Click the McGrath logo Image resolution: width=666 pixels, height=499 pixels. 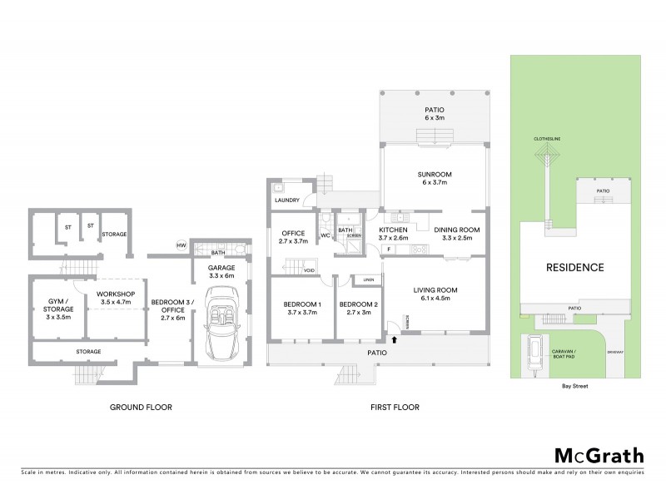pos(599,455)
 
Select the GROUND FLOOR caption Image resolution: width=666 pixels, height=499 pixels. pos(142,408)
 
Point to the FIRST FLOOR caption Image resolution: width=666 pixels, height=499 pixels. pos(395,408)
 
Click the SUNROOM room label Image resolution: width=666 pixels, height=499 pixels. pos(434,178)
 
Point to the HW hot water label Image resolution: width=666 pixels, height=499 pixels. pos(181,245)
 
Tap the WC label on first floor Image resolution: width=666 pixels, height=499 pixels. pos(326,236)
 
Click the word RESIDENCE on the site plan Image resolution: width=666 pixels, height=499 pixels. pos(574,268)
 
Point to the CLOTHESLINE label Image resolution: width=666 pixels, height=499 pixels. pos(547,140)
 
